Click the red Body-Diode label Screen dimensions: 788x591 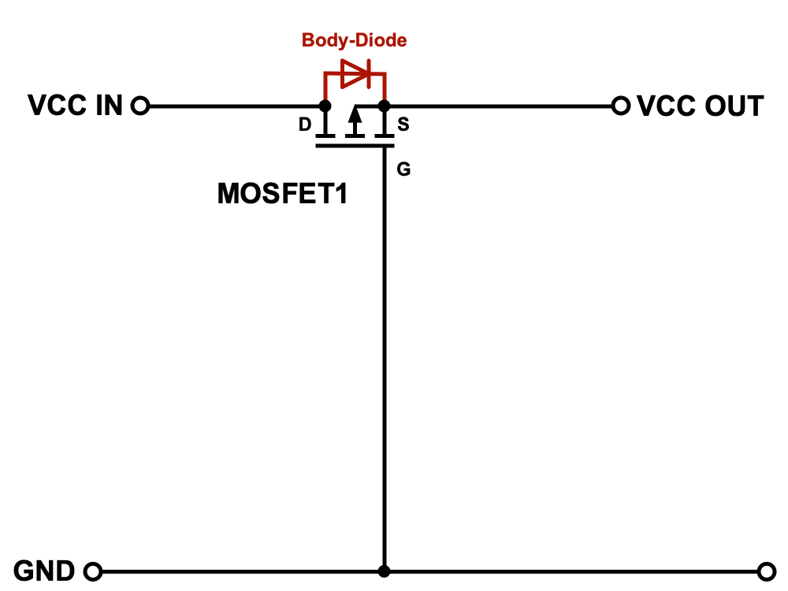[x=355, y=40]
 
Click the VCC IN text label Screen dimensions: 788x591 [x=76, y=106]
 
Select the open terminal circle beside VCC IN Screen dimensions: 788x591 [x=140, y=106]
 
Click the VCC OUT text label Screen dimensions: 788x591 [x=700, y=106]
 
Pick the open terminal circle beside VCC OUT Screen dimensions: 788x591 [x=621, y=106]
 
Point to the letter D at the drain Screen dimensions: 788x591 [x=305, y=125]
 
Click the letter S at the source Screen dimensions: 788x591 [x=403, y=124]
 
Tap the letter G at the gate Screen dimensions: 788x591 [x=403, y=169]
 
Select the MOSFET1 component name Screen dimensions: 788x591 [x=282, y=194]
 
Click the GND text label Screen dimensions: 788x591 [x=44, y=571]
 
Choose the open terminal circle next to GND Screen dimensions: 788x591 [x=93, y=571]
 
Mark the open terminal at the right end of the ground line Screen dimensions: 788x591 [x=767, y=571]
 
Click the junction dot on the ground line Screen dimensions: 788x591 [x=385, y=571]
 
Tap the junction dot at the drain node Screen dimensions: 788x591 [x=325, y=106]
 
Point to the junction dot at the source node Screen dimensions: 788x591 [x=384, y=106]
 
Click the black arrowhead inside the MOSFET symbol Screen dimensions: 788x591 [x=355, y=116]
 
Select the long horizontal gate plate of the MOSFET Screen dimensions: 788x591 [x=355, y=146]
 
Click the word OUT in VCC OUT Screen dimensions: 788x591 [x=734, y=106]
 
